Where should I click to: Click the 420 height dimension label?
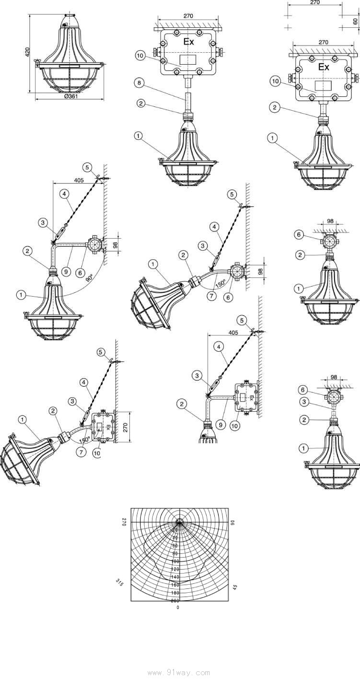click(x=28, y=51)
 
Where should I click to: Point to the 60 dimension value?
click(x=355, y=21)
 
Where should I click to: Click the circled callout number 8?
click(x=138, y=82)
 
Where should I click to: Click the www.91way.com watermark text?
click(x=179, y=672)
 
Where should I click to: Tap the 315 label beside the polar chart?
click(x=120, y=583)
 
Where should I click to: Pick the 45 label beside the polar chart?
click(x=235, y=586)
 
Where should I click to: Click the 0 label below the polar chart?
click(x=178, y=608)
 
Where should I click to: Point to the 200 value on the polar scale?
click(x=175, y=600)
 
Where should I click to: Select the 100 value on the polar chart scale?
click(x=175, y=561)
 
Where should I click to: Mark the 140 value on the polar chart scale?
click(x=175, y=577)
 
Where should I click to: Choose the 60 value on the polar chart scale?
click(x=175, y=546)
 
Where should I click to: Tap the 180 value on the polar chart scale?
click(x=175, y=592)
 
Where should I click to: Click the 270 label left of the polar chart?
click(x=123, y=522)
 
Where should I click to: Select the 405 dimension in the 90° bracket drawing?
click(x=79, y=180)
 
